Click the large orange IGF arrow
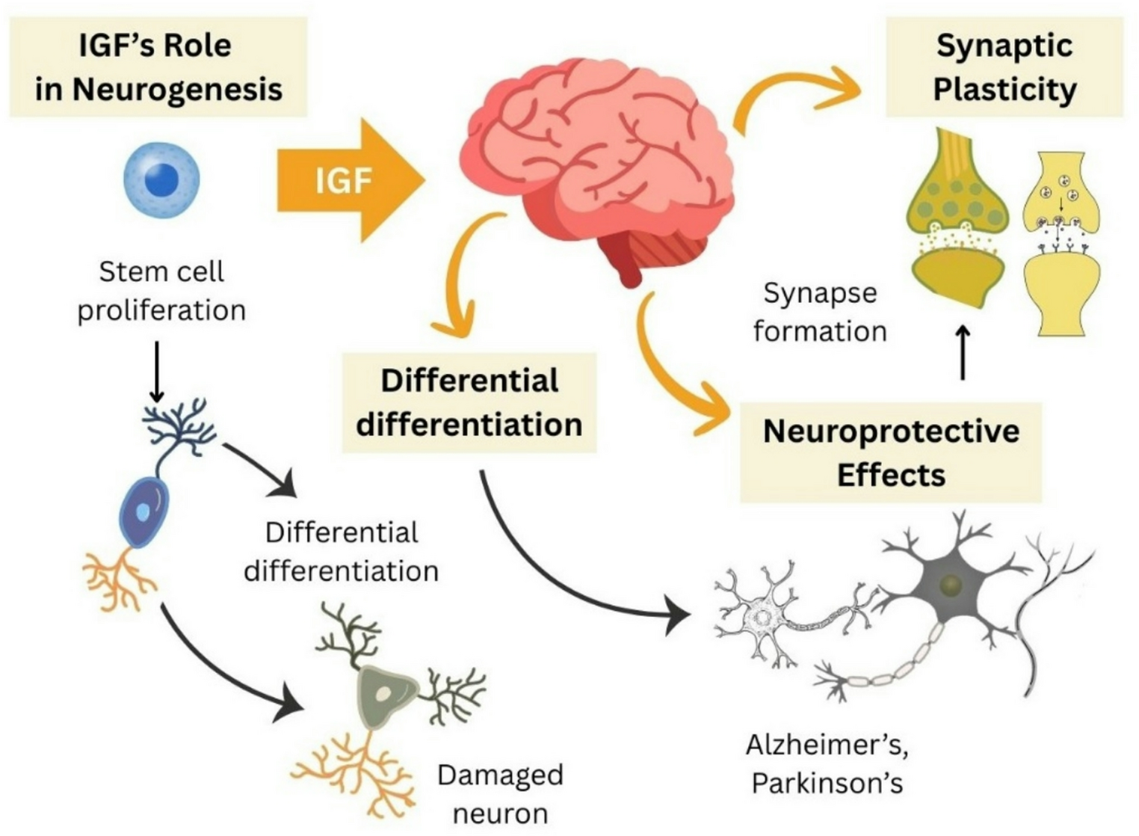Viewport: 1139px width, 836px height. click(348, 180)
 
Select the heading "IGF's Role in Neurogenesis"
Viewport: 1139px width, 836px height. click(158, 67)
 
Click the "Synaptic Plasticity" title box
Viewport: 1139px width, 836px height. click(1004, 67)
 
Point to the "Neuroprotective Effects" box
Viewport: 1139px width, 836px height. click(890, 452)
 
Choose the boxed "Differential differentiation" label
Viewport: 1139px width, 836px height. click(469, 402)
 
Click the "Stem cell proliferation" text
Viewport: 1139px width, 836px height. click(161, 291)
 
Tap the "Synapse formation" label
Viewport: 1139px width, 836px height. click(819, 312)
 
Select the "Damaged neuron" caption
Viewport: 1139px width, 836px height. click(500, 793)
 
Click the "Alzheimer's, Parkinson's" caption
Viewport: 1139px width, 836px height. click(827, 763)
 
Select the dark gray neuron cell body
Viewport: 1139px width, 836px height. click(951, 584)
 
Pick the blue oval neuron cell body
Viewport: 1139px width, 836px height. click(143, 512)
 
